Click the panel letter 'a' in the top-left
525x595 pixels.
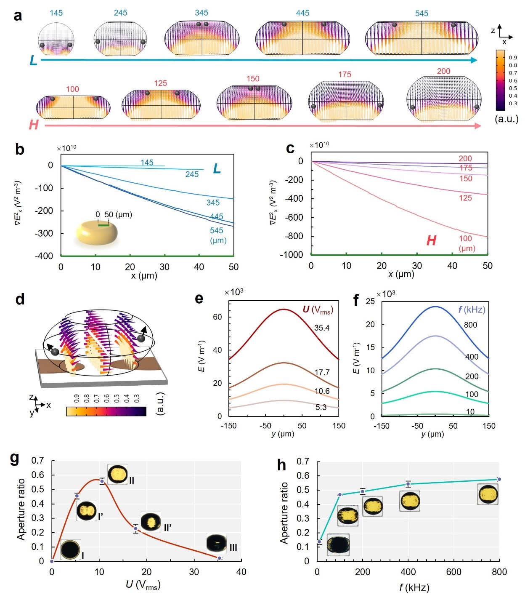click(18, 16)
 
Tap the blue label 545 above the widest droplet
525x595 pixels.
click(422, 13)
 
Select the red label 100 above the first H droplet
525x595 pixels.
click(72, 89)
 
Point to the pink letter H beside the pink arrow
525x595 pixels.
click(34, 125)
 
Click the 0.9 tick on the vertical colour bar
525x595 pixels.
click(513, 58)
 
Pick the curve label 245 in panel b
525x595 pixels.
click(192, 174)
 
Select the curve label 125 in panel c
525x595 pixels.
click(465, 198)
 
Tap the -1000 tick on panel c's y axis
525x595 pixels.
click(291, 255)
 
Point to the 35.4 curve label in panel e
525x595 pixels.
click(322, 328)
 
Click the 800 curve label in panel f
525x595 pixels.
click(470, 325)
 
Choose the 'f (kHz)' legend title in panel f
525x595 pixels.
click(472, 310)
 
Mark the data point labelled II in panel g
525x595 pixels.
click(102, 481)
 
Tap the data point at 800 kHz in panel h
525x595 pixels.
click(499, 479)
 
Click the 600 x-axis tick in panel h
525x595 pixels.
click(453, 572)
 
